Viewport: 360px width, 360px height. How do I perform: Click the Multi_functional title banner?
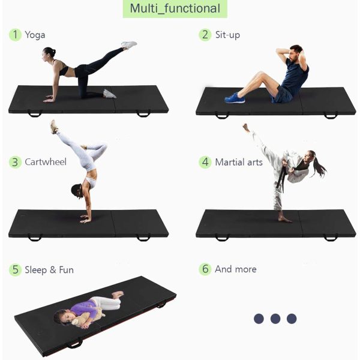pyautogui.click(x=175, y=8)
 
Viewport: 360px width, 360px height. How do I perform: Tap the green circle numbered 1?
pyautogui.click(x=15, y=35)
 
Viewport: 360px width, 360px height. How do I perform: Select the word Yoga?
pyautogui.click(x=35, y=35)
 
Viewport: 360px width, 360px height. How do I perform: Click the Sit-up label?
pyautogui.click(x=227, y=35)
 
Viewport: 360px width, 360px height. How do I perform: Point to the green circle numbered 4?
pyautogui.click(x=205, y=162)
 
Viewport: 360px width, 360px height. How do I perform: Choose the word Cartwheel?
pyautogui.click(x=46, y=162)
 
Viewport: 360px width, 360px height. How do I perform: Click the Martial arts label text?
pyautogui.click(x=239, y=163)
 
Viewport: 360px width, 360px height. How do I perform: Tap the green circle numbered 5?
pyautogui.click(x=15, y=270)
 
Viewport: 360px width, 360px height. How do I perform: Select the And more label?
pyautogui.click(x=236, y=269)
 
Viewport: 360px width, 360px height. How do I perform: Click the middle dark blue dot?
pyautogui.click(x=275, y=319)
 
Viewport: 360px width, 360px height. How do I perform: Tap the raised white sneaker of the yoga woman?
pyautogui.click(x=129, y=44)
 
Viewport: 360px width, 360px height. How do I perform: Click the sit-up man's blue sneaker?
pyautogui.click(x=235, y=98)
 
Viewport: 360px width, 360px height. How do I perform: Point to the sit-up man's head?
pyautogui.click(x=296, y=53)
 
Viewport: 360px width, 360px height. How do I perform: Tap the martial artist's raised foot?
pyautogui.click(x=247, y=128)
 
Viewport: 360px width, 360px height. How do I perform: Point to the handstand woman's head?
pyautogui.click(x=77, y=191)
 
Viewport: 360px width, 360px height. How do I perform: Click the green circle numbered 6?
pyautogui.click(x=205, y=269)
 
